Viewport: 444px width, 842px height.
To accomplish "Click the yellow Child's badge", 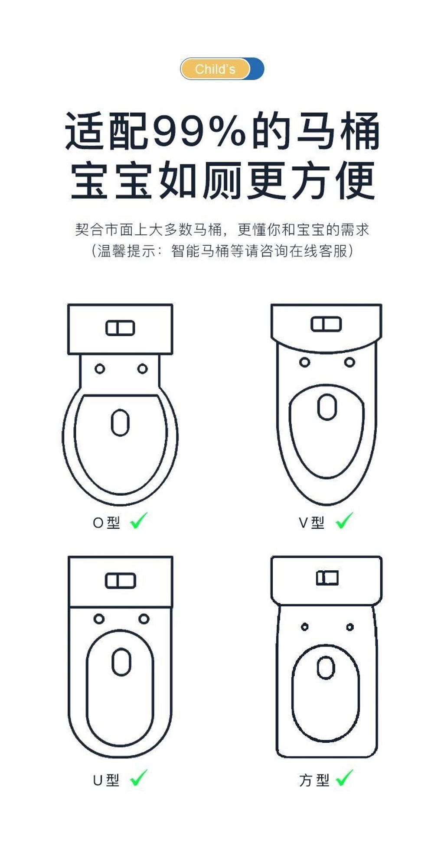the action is pyautogui.click(x=215, y=69).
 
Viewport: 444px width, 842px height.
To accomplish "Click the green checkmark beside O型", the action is pyautogui.click(x=139, y=520).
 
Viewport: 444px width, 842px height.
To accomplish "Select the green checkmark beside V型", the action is pyautogui.click(x=345, y=520).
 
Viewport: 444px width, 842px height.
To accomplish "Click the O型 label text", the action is pyautogui.click(x=106, y=523).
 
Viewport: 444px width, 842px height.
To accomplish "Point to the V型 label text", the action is pyautogui.click(x=311, y=523).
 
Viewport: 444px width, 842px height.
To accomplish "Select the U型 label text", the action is pyautogui.click(x=106, y=780).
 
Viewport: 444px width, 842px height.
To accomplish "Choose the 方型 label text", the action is pyautogui.click(x=314, y=780).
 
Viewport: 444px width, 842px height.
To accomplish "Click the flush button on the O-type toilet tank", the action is pyautogui.click(x=120, y=328).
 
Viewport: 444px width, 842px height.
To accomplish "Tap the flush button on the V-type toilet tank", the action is pyautogui.click(x=326, y=324).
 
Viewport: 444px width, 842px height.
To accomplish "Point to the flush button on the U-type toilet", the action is pyautogui.click(x=120, y=581).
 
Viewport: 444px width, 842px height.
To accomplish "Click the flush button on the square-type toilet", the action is pyautogui.click(x=327, y=578).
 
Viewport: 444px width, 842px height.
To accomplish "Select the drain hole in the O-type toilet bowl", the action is pyautogui.click(x=120, y=423).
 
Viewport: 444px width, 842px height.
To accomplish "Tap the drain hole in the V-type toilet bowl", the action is pyautogui.click(x=327, y=407).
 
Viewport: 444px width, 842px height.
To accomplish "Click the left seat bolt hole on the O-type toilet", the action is pyautogui.click(x=100, y=369).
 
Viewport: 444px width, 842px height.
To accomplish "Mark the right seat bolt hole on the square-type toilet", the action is pyautogui.click(x=350, y=627).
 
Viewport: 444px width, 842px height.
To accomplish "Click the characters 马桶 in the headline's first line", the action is pyautogui.click(x=338, y=130).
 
